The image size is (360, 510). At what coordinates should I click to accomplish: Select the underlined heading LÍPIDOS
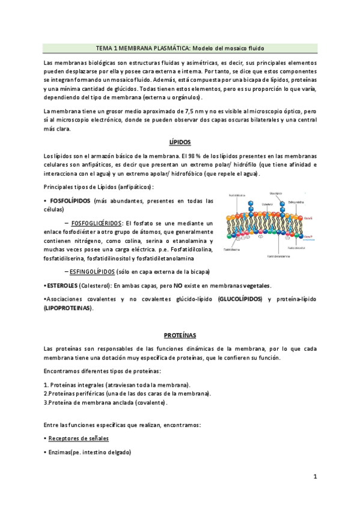[180, 142]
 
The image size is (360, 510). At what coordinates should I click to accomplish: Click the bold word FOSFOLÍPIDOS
[71, 200]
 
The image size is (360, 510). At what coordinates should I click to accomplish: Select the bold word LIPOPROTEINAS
[69, 308]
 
